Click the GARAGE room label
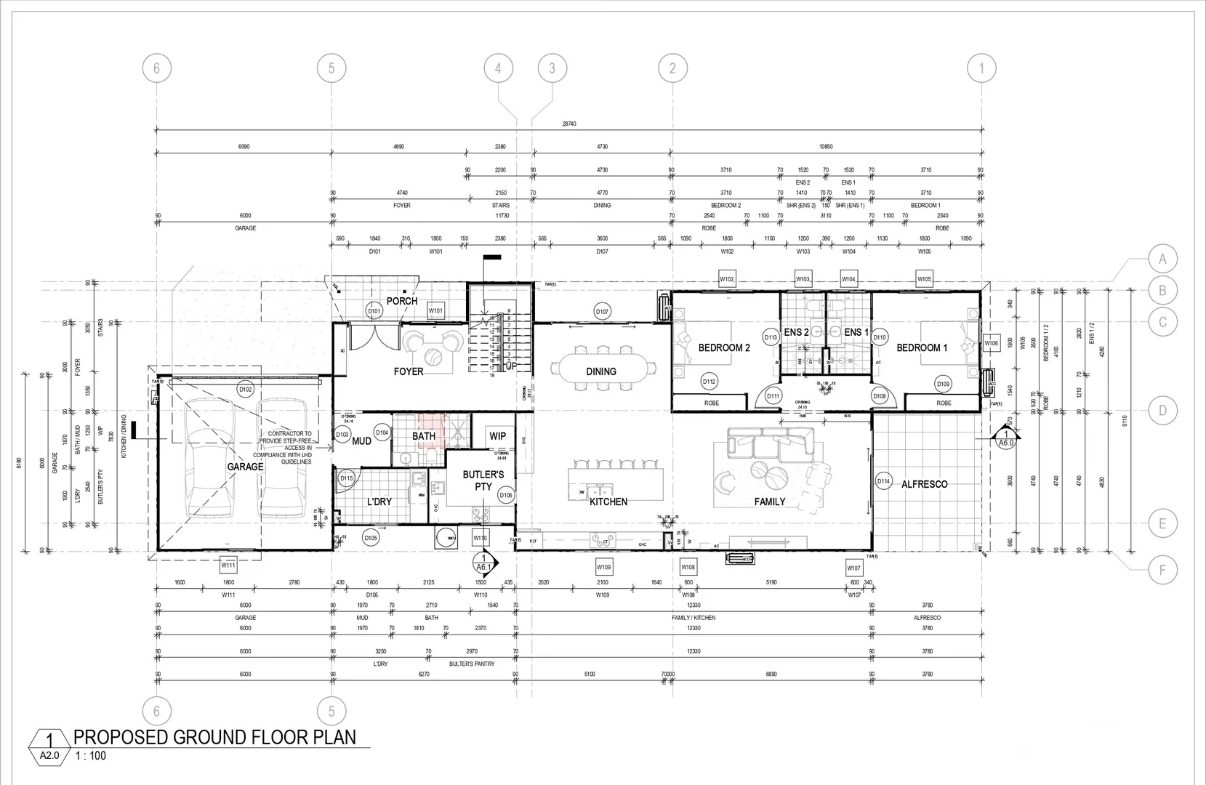[x=245, y=467]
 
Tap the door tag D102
[x=246, y=390]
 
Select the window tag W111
[x=228, y=565]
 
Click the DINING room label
[x=601, y=371]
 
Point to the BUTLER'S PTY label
[x=483, y=480]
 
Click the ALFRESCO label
[x=924, y=484]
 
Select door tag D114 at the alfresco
[x=883, y=481]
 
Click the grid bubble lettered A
[x=1162, y=259]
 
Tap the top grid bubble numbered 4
[x=498, y=68]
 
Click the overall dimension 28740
[x=568, y=124]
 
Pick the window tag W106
[x=991, y=343]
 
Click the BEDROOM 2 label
[x=724, y=348]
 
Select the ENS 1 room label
[x=856, y=332]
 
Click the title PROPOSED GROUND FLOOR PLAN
[x=215, y=737]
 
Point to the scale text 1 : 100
[x=91, y=756]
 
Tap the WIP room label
[x=498, y=436]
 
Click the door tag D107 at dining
[x=602, y=311]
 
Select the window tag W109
[x=603, y=567]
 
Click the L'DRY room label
[x=379, y=502]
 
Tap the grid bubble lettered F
[x=1162, y=571]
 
